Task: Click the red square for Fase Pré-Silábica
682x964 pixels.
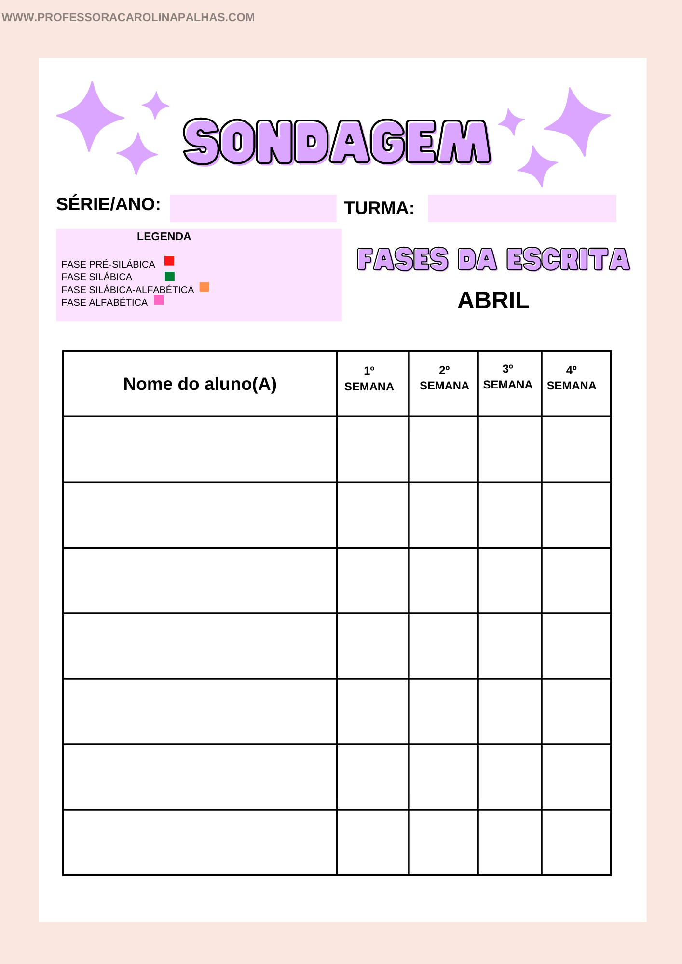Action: tap(169, 261)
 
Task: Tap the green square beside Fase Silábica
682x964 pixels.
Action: tap(170, 276)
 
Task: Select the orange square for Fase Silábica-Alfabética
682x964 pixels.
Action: tap(205, 287)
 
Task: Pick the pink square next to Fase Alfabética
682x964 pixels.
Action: tap(159, 300)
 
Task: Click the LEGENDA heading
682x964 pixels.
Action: tap(164, 237)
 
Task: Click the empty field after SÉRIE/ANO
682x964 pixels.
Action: tap(253, 208)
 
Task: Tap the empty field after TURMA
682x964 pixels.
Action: tap(522, 208)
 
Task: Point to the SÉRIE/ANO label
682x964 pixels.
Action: tap(109, 204)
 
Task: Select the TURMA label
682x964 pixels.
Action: tap(379, 208)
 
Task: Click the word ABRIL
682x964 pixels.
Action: tap(493, 300)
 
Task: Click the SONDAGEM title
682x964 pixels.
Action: tap(337, 142)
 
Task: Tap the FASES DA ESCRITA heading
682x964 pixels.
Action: tap(493, 259)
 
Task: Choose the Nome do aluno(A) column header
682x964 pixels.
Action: tap(200, 384)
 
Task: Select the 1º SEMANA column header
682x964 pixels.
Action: tap(369, 379)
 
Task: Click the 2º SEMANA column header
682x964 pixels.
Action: tap(444, 378)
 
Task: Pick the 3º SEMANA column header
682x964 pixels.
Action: tap(507, 377)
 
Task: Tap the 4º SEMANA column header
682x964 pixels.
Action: tap(571, 378)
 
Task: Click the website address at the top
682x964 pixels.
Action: tap(128, 17)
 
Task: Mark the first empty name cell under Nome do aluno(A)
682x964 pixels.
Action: tap(200, 449)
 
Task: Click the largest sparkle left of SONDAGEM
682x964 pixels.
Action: tap(91, 116)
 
